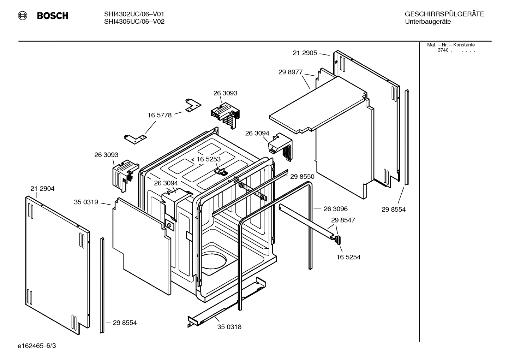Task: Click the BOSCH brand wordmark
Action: (53, 16)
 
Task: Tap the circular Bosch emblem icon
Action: (23, 16)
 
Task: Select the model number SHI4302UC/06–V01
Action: (134, 14)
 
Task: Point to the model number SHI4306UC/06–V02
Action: (134, 22)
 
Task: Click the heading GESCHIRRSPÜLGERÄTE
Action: (444, 14)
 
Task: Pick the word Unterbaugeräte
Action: (428, 22)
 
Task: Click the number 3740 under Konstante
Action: (443, 50)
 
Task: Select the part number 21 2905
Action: (305, 53)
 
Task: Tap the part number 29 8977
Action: (291, 72)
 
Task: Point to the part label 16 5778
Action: (160, 115)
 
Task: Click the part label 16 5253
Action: (209, 159)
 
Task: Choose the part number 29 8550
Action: (302, 177)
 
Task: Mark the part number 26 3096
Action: (336, 209)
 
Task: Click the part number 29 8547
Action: (343, 220)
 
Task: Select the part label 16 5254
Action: (348, 257)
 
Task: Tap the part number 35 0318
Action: (229, 327)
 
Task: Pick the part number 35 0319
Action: (86, 202)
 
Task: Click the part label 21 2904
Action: (42, 189)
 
